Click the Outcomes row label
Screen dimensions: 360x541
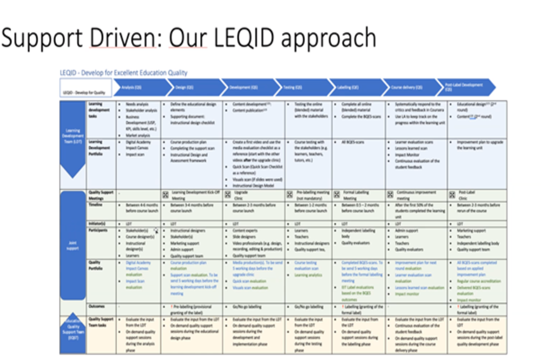coord(97,306)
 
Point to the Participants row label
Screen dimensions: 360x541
coord(99,230)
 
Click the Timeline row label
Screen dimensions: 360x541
coord(96,205)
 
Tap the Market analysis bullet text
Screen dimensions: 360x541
coord(139,135)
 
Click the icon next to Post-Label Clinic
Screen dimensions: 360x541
coord(452,194)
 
